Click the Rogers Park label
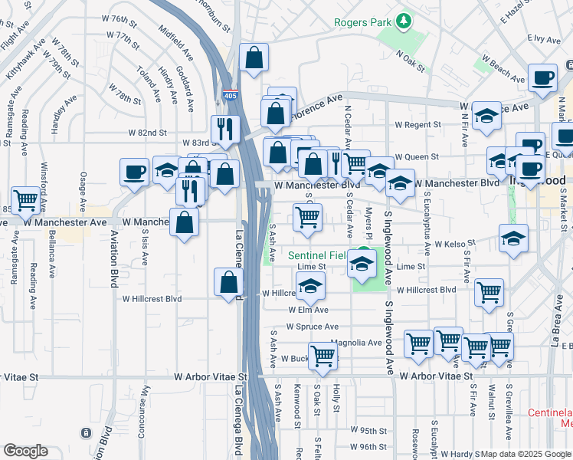click(363, 22)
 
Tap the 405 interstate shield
click(230, 96)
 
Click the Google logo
click(25, 451)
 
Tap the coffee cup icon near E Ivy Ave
click(542, 78)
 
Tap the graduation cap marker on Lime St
click(362, 265)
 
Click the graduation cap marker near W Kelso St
click(513, 238)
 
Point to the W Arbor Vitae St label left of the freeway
click(211, 377)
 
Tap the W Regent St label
click(417, 125)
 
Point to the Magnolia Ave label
click(356, 343)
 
